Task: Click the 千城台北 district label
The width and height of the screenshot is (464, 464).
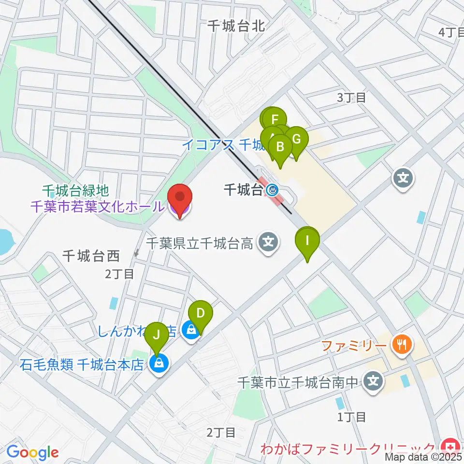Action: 236,26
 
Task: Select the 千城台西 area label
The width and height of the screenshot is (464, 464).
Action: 91,256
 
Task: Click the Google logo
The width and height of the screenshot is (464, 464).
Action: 32,452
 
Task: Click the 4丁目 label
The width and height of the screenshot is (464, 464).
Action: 450,32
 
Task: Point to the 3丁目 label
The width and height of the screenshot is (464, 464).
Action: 351,97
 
